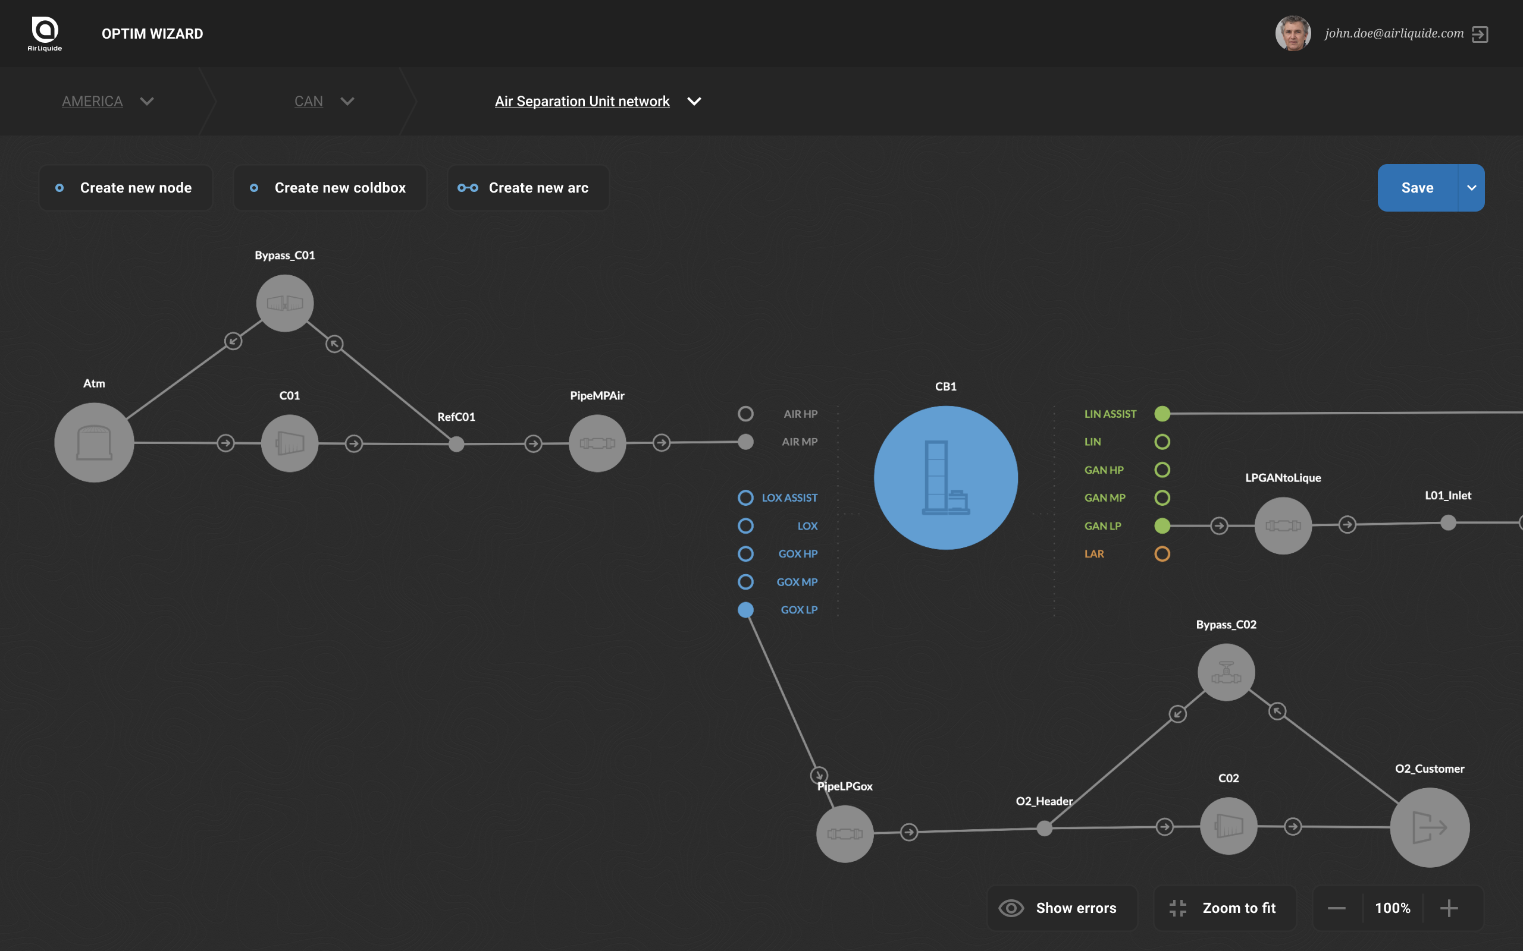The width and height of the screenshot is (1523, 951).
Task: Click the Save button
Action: [x=1417, y=187]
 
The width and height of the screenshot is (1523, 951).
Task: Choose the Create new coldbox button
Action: [x=330, y=187]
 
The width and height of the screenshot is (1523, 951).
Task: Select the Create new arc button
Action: [x=528, y=187]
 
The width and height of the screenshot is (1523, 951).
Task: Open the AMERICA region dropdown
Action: [x=108, y=101]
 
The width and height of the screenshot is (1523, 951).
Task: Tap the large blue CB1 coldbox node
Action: [x=945, y=477]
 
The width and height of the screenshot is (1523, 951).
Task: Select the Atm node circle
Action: [x=95, y=443]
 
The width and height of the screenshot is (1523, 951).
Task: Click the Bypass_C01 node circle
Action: [x=285, y=303]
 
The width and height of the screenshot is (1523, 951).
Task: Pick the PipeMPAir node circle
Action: [x=597, y=443]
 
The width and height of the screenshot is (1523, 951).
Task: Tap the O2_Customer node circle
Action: [x=1430, y=828]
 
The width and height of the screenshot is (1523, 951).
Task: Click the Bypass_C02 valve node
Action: [x=1226, y=672]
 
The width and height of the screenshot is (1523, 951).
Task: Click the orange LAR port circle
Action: [x=1162, y=553]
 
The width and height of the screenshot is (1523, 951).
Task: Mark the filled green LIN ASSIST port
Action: [x=1162, y=414]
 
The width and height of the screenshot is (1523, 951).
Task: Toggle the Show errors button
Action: [x=1063, y=908]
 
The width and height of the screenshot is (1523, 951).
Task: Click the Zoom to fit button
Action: [x=1226, y=908]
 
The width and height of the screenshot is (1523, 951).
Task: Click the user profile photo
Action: [x=1293, y=33]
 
